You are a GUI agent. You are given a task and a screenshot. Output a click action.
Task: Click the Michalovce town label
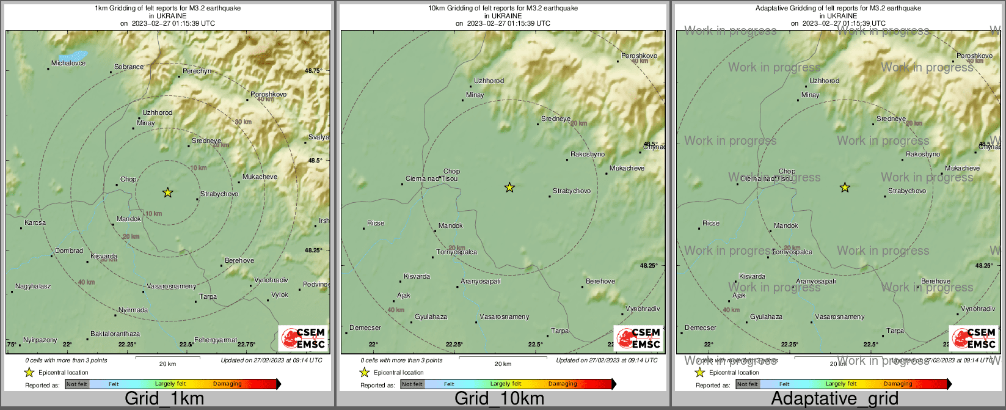(68, 64)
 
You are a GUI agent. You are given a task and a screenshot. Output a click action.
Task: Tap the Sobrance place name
(129, 67)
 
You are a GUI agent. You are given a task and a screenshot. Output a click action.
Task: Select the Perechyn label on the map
(197, 71)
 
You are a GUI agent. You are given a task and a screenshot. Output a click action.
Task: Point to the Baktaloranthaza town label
(115, 334)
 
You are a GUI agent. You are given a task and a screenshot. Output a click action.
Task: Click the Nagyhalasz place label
(33, 287)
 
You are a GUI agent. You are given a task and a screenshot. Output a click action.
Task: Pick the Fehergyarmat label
(216, 340)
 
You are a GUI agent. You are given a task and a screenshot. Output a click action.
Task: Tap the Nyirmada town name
(133, 310)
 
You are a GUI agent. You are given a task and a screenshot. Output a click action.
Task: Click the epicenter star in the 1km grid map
(168, 192)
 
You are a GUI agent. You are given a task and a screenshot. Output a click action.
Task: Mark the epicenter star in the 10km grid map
(509, 188)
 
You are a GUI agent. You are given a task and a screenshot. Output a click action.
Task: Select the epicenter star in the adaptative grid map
(845, 188)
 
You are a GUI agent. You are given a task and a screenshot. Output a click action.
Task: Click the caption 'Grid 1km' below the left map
(164, 399)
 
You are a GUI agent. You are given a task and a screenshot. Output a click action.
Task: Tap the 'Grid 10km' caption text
(499, 399)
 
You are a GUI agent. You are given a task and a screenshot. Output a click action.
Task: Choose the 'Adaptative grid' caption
(834, 399)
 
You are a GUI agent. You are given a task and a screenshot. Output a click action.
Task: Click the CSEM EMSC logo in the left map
(302, 339)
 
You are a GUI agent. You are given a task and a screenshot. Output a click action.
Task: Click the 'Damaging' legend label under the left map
(227, 384)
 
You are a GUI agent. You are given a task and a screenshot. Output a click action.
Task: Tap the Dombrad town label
(69, 251)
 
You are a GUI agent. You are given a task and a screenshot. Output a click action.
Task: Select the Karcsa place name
(35, 223)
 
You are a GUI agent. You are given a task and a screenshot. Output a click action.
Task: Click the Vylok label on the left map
(280, 295)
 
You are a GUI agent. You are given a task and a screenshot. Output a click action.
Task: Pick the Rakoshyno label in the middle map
(588, 155)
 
